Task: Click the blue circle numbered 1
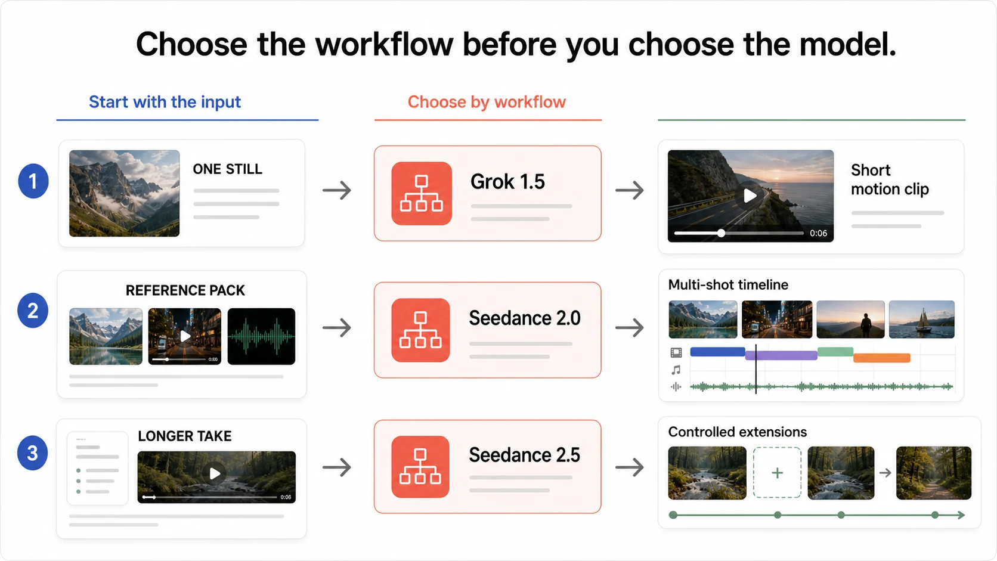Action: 33,181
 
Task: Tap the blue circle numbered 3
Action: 32,453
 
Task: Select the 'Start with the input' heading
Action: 165,102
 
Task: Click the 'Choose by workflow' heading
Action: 487,102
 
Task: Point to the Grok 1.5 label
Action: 507,181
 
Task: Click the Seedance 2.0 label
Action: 525,318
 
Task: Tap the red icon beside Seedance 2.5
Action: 420,467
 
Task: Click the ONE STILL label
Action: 227,169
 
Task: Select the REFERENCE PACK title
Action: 185,290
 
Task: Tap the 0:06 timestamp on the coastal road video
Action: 818,233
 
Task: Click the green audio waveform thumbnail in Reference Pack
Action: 261,336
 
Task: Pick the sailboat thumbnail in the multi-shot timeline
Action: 922,319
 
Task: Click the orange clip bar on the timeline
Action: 882,358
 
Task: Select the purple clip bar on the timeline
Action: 781,355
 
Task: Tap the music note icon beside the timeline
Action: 676,370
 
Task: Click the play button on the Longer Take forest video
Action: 215,473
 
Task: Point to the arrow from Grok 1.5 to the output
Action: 629,190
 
